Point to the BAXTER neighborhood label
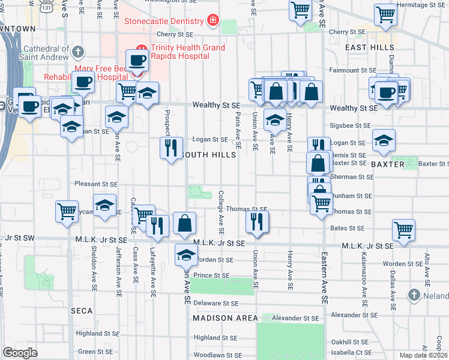(x=385, y=164)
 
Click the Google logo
(x=20, y=353)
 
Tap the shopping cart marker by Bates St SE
(x=404, y=229)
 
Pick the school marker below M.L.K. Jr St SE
(x=187, y=255)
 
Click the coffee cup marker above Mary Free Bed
(x=137, y=61)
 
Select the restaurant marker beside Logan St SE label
(x=171, y=148)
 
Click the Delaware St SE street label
(x=215, y=304)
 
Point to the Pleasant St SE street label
(x=96, y=184)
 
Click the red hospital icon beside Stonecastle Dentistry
(x=212, y=22)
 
